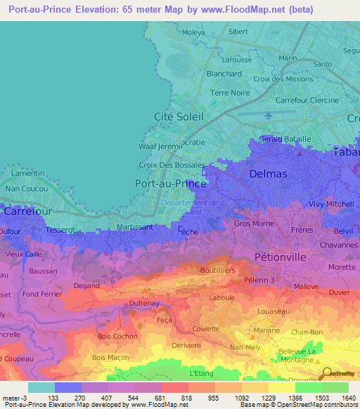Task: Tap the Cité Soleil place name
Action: [178, 116]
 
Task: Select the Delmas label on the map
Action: [268, 173]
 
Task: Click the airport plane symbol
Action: [267, 115]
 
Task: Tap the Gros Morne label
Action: [254, 223]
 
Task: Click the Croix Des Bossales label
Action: [172, 165]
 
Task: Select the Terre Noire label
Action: [230, 93]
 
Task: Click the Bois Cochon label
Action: [117, 336]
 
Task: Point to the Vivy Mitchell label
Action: [330, 204]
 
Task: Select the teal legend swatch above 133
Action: [41, 387]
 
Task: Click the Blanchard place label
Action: [224, 73]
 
